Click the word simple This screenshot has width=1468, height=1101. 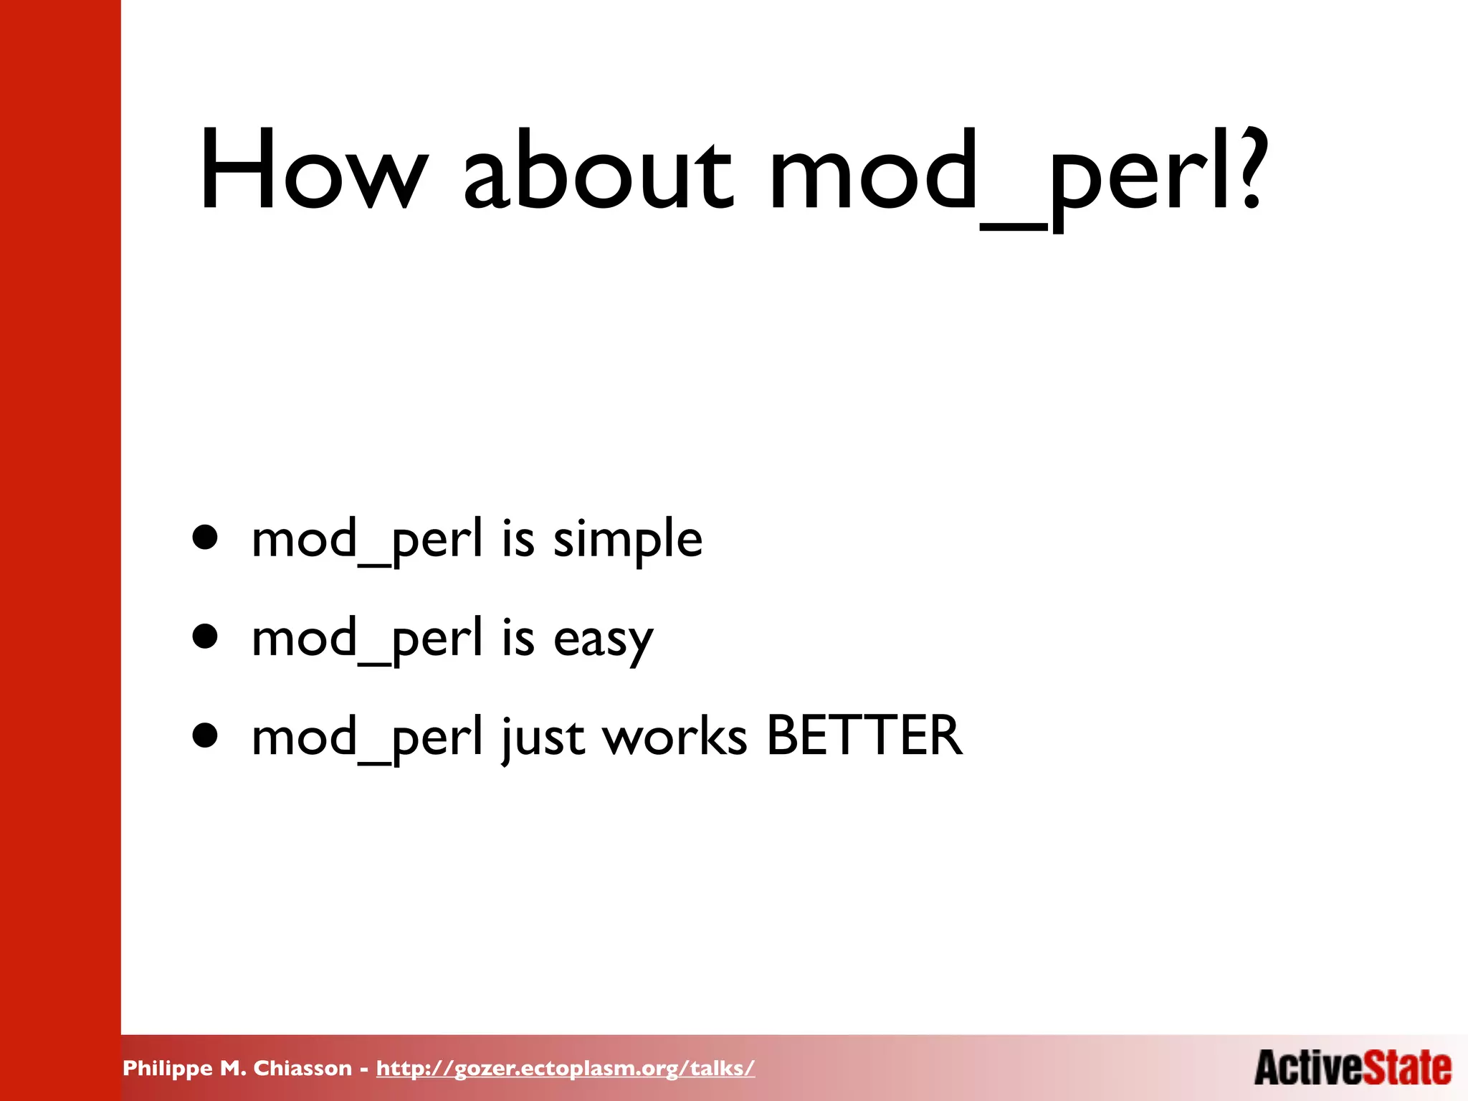[x=628, y=539]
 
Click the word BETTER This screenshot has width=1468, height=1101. [x=864, y=736]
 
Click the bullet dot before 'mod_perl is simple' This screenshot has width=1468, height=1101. [x=205, y=537]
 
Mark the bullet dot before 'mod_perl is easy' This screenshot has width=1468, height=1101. [x=205, y=636]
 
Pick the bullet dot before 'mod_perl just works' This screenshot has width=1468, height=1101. [x=205, y=735]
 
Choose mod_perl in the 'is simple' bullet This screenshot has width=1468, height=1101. [x=367, y=540]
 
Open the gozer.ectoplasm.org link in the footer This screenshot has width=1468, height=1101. [x=566, y=1068]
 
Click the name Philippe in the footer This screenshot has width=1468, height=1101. [x=168, y=1069]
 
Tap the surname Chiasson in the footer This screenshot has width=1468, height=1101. [x=302, y=1068]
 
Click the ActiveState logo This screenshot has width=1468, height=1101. [x=1353, y=1067]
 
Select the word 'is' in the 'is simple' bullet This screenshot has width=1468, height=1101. [x=518, y=539]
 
